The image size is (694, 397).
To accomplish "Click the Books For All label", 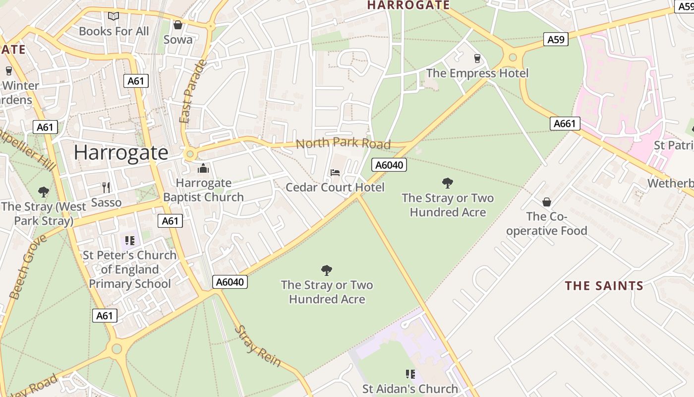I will [114, 31].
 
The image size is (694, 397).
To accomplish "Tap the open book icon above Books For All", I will [114, 16].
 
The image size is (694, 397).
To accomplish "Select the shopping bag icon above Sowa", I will [178, 25].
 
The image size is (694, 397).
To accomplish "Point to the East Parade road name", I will [192, 92].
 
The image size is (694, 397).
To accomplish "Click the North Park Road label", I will [343, 143].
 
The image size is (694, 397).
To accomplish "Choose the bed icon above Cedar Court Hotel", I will [335, 173].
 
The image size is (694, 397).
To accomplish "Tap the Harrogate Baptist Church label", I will [203, 190].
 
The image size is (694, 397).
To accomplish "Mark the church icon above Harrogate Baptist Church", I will [203, 169].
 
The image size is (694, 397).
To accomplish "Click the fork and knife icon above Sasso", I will [106, 187].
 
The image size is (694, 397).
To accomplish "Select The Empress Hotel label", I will [477, 73].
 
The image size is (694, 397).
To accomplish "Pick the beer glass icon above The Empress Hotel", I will [477, 59].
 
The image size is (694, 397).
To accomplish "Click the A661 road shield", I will [565, 124].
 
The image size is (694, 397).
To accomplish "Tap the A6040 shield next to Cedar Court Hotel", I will [389, 165].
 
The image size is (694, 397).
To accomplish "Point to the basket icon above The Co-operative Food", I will [547, 202].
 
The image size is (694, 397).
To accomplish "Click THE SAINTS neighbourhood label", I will [604, 286].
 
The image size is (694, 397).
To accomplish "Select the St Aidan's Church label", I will [410, 389].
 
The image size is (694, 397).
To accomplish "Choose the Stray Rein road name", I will [257, 346].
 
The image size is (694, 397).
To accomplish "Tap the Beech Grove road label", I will [28, 267].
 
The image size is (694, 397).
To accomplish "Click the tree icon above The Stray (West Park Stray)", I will [44, 192].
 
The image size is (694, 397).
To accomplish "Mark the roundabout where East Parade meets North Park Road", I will [189, 155].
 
